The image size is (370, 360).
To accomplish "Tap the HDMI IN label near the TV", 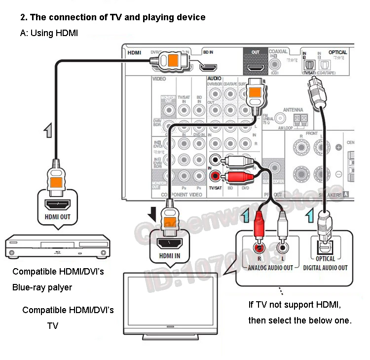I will tap(169, 255).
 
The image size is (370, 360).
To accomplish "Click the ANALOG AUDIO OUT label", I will tap(270, 267).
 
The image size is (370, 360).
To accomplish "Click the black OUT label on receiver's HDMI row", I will tap(255, 52).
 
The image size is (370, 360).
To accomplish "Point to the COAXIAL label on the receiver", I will tap(278, 51).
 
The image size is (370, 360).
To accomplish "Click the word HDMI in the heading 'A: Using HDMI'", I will tap(68, 33).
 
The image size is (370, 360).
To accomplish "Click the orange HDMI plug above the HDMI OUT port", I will tap(54, 180).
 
